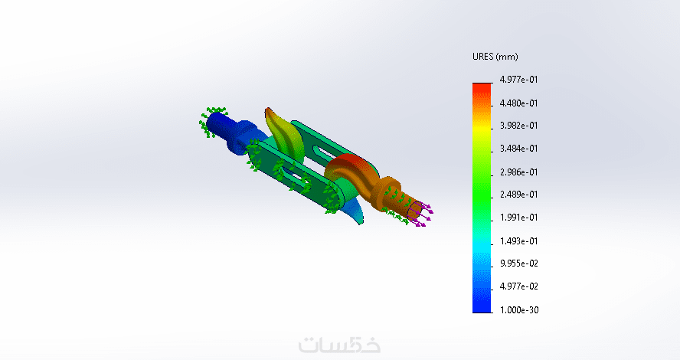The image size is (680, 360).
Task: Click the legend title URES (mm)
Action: (x=495, y=57)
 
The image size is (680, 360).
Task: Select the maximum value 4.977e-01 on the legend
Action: (x=518, y=80)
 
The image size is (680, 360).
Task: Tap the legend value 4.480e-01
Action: (x=518, y=103)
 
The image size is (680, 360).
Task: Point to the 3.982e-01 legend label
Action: (x=518, y=126)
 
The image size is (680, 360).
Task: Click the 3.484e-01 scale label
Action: (x=518, y=149)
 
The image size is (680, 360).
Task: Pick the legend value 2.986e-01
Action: (x=518, y=172)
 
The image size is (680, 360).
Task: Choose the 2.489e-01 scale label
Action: (x=518, y=195)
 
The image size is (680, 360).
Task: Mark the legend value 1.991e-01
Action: (x=518, y=218)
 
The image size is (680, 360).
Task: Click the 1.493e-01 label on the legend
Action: (x=518, y=241)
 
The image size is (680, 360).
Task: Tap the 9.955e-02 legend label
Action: (x=518, y=263)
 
